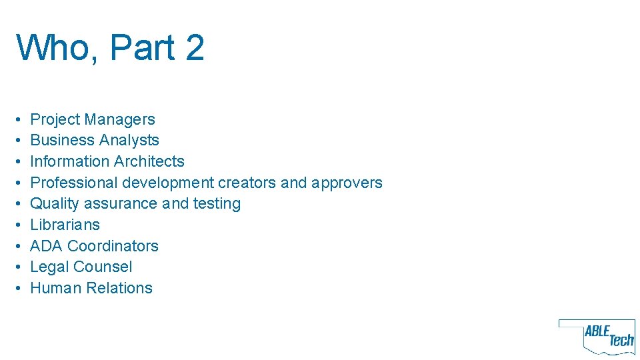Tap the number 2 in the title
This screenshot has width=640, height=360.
tap(193, 48)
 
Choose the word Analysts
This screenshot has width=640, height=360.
tap(129, 140)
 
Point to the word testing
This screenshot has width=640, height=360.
tap(217, 203)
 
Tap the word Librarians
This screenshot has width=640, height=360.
tap(65, 225)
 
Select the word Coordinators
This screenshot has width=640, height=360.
tap(113, 246)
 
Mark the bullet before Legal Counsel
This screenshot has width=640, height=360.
tap(20, 267)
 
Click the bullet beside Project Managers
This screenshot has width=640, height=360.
tap(20, 120)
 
